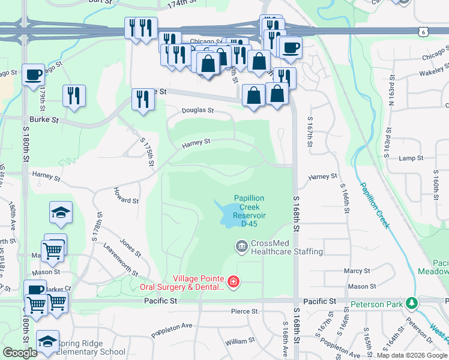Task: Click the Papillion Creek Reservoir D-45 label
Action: [x=249, y=211]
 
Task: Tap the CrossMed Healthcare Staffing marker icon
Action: [x=241, y=245]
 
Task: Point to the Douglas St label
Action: [x=198, y=111]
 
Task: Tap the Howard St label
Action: [x=125, y=196]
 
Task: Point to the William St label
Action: [x=240, y=341]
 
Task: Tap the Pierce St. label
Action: [x=245, y=312]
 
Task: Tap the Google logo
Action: [x=20, y=353]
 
